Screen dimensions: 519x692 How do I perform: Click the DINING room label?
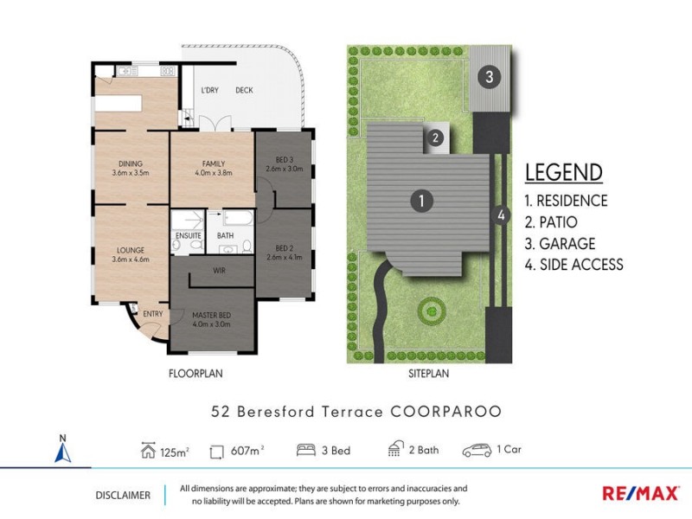click(x=131, y=163)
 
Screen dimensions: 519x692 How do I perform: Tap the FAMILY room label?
click(x=213, y=163)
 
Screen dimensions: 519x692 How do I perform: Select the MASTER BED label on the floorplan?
click(x=212, y=317)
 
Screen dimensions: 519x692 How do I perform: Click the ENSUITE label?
click(x=188, y=234)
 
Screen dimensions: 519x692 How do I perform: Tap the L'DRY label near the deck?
click(x=208, y=90)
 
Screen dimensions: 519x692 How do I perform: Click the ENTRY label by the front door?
click(x=152, y=314)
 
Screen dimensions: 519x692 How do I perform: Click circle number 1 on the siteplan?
click(x=420, y=201)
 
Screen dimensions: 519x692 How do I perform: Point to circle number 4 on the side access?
click(x=499, y=215)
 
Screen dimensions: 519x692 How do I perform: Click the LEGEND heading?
click(x=563, y=172)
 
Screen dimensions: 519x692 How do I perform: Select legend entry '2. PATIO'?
click(x=551, y=221)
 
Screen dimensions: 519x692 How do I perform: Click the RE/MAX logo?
click(x=639, y=493)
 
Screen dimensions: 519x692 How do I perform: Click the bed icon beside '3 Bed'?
click(x=306, y=450)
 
